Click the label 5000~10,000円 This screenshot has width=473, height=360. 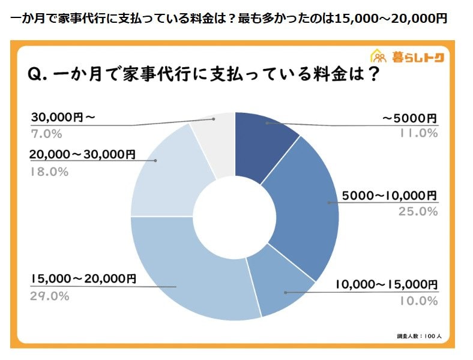390,196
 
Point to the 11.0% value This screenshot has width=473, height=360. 418,133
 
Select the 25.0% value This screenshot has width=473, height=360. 418,211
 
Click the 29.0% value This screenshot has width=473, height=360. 49,296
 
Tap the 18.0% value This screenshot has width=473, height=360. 49,171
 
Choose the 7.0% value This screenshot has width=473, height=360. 46,133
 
